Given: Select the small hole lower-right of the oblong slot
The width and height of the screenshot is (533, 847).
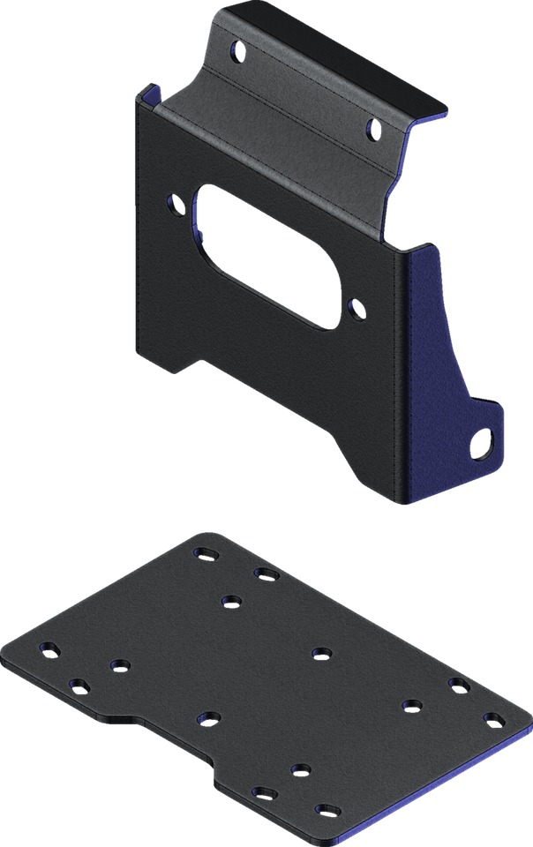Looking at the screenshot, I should (x=357, y=309).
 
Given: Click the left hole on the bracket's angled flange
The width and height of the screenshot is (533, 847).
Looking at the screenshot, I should (x=236, y=50).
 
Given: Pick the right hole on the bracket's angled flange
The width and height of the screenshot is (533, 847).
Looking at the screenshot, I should (x=371, y=130).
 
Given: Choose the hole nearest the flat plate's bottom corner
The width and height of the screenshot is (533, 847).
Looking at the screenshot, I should (x=327, y=809).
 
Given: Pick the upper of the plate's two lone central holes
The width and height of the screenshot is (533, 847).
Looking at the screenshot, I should (x=320, y=653).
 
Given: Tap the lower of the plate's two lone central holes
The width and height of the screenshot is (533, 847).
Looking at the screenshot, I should (x=208, y=716).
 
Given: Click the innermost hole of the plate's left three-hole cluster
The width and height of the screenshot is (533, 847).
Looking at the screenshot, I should (x=119, y=664).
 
